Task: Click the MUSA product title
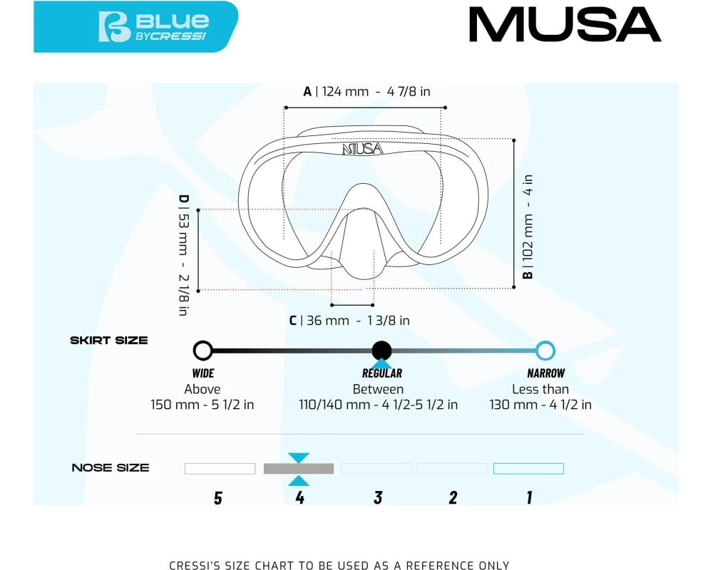click(565, 24)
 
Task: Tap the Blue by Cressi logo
click(154, 27)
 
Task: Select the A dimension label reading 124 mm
click(366, 91)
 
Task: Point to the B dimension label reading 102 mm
click(528, 227)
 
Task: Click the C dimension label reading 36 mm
click(349, 321)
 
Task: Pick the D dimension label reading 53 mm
click(183, 255)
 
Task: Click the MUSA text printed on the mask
click(362, 149)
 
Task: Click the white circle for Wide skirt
click(202, 351)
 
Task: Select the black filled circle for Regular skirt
click(381, 351)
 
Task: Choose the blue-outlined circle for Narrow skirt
click(545, 351)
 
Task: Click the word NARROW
click(545, 373)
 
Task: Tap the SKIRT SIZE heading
click(109, 341)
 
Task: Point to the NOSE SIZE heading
click(111, 467)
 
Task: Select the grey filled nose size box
click(299, 469)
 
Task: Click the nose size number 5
click(218, 498)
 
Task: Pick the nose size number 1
click(529, 498)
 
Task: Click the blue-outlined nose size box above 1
click(529, 469)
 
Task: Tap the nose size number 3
click(378, 498)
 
